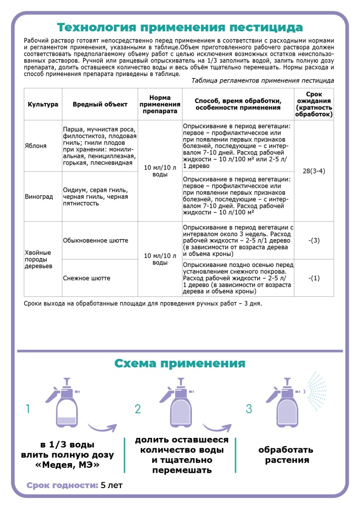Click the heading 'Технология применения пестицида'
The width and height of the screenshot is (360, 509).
click(180, 26)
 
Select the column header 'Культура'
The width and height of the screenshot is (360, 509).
click(43, 104)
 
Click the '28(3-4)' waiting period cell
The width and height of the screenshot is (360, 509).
click(314, 171)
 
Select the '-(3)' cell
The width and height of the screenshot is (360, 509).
click(314, 241)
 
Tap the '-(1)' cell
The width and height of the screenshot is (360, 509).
click(314, 278)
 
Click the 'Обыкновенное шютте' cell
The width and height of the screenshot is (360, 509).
click(95, 241)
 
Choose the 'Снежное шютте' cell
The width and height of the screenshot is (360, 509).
click(87, 278)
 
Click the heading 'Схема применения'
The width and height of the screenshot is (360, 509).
click(180, 363)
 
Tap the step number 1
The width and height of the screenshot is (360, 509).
click(28, 409)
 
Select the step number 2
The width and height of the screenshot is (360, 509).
click(138, 409)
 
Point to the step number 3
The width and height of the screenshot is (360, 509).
click(249, 409)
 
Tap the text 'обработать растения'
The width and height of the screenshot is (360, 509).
click(285, 455)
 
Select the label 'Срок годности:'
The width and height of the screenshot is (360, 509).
click(62, 486)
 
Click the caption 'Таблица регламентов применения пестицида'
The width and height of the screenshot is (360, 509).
click(263, 80)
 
